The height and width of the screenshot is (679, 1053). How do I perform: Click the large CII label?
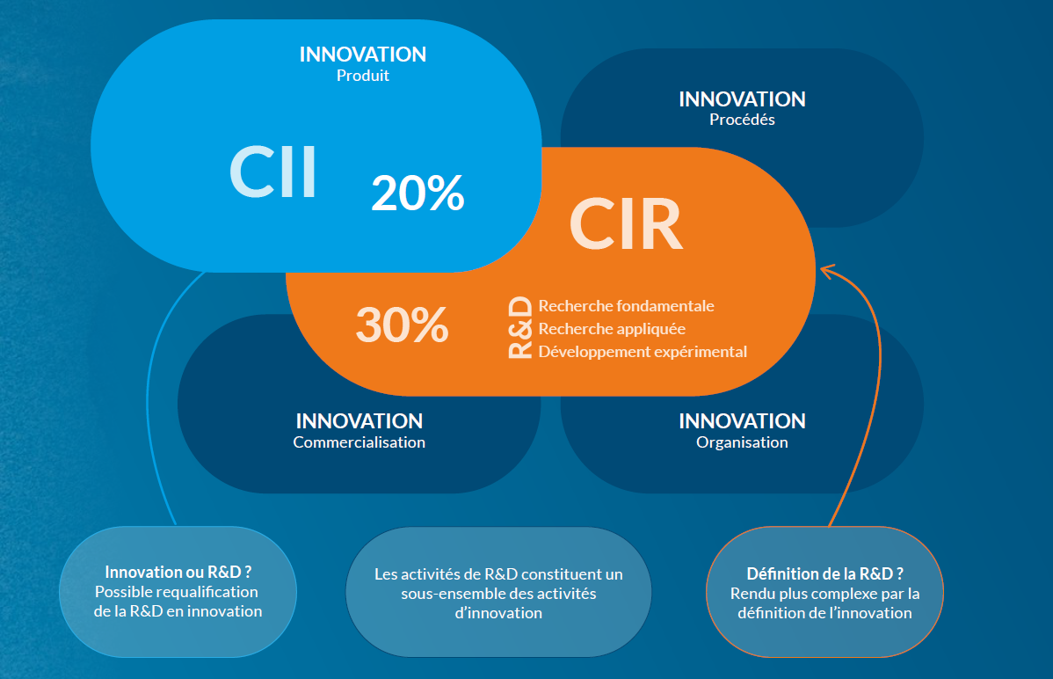click(x=273, y=172)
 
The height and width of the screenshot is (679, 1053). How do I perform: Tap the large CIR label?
click(x=626, y=224)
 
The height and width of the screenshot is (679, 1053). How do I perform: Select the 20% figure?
click(x=418, y=193)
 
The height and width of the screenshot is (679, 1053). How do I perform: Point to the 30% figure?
click(x=402, y=325)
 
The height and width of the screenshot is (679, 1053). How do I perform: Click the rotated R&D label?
click(x=520, y=329)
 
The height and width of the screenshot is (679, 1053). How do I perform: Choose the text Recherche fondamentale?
click(x=626, y=306)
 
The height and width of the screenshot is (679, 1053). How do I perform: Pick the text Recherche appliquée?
click(x=612, y=329)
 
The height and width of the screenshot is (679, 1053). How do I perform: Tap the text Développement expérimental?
click(x=643, y=352)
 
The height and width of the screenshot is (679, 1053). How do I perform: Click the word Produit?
click(x=363, y=76)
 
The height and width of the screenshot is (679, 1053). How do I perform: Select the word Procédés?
click(x=742, y=120)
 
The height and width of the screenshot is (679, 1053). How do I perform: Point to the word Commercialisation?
click(x=359, y=442)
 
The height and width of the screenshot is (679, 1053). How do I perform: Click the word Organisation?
click(x=742, y=442)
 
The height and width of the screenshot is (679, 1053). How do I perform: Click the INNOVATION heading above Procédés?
click(x=742, y=99)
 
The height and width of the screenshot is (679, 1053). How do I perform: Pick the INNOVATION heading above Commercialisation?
click(x=359, y=421)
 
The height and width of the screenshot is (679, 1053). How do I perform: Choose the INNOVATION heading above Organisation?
click(x=742, y=421)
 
